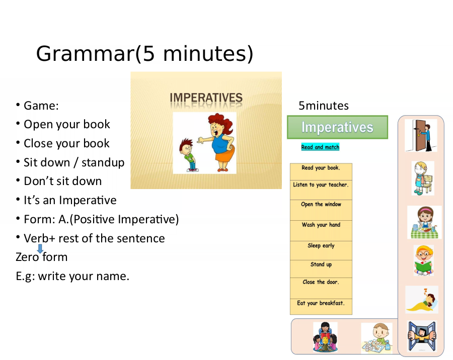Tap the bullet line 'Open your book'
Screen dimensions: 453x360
(67, 124)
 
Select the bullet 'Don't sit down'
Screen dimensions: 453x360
(63, 182)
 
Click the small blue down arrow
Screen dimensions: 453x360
(40, 248)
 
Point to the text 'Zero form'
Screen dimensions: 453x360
(42, 257)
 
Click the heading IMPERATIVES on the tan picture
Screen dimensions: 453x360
(206, 98)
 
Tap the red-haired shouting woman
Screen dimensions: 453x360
(219, 142)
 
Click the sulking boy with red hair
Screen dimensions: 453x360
(188, 155)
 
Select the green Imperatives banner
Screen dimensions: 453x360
(337, 127)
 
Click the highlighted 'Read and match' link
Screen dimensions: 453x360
(320, 147)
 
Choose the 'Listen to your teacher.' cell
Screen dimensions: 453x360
(321, 190)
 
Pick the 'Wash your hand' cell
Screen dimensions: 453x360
(321, 231)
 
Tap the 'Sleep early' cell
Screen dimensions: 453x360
(321, 250)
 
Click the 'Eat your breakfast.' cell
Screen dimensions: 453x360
(321, 307)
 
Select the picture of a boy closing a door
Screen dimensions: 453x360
(421, 136)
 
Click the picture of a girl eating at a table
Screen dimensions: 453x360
(424, 222)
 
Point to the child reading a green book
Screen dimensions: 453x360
(423, 260)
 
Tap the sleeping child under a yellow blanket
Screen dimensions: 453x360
(422, 300)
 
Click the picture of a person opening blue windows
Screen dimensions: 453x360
(422, 336)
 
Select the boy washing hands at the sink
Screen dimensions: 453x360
(377, 337)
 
